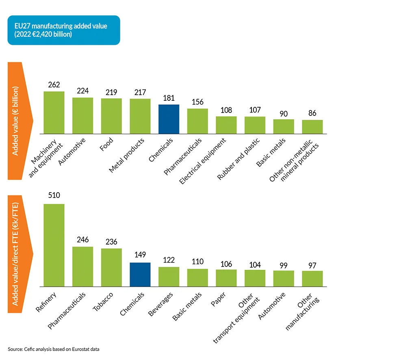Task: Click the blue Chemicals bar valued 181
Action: click(169, 119)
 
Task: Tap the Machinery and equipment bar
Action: click(54, 113)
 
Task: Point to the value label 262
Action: click(54, 85)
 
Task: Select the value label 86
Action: click(312, 113)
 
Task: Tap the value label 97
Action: click(312, 265)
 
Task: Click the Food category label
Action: click(107, 144)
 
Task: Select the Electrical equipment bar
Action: click(226, 125)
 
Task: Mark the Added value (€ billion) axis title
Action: click(15, 121)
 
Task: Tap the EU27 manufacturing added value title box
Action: click(63, 30)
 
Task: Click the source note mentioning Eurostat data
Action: click(53, 349)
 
